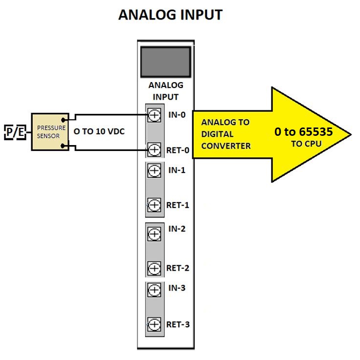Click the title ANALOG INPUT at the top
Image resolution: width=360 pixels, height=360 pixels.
[x=170, y=15]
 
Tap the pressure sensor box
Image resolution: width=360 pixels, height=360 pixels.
[x=51, y=132]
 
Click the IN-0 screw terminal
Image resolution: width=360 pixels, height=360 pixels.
[x=154, y=116]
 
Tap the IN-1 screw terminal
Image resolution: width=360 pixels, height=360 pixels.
[x=154, y=170]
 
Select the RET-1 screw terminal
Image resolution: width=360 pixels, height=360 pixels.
[x=154, y=205]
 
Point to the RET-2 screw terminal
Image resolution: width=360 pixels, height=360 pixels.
[x=154, y=268]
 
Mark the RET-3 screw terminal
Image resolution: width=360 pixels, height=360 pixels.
[x=154, y=324]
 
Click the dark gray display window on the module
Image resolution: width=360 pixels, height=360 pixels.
[x=165, y=61]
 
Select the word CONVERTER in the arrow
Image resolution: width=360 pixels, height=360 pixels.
[x=226, y=146]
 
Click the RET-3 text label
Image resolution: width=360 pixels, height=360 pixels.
[x=178, y=324]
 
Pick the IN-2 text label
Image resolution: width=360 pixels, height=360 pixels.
[x=177, y=229]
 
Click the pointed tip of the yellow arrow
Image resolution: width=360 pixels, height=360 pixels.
[x=350, y=134]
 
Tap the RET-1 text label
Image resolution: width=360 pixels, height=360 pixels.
[x=178, y=205]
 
